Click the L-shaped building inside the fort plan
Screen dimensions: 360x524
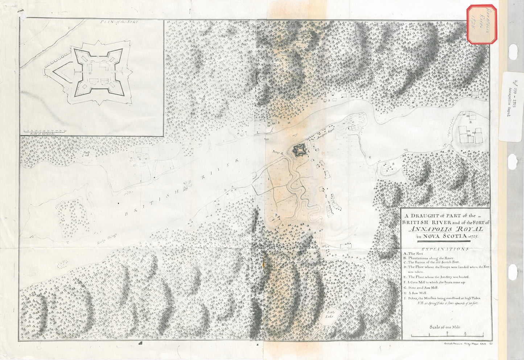pos(104,66)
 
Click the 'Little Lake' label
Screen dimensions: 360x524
pos(330,315)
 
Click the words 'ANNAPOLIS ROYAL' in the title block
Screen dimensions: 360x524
pos(446,229)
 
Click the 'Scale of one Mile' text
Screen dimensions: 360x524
pos(445,327)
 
